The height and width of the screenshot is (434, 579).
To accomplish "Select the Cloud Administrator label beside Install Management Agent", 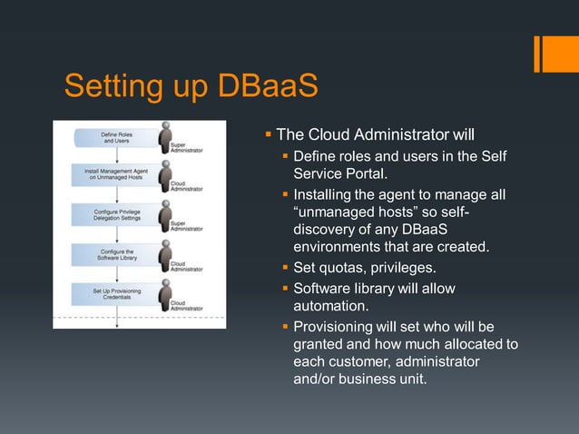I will (x=186, y=186).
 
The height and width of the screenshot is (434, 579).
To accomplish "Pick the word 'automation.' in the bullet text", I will (x=332, y=306).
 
